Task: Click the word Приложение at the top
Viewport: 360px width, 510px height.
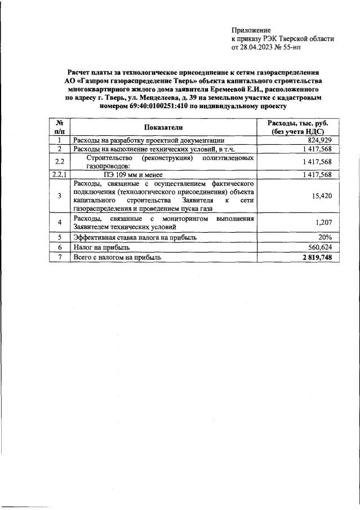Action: pos(251,30)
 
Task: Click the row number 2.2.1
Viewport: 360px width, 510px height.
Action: pos(59,175)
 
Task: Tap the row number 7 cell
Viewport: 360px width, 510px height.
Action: pos(59,257)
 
